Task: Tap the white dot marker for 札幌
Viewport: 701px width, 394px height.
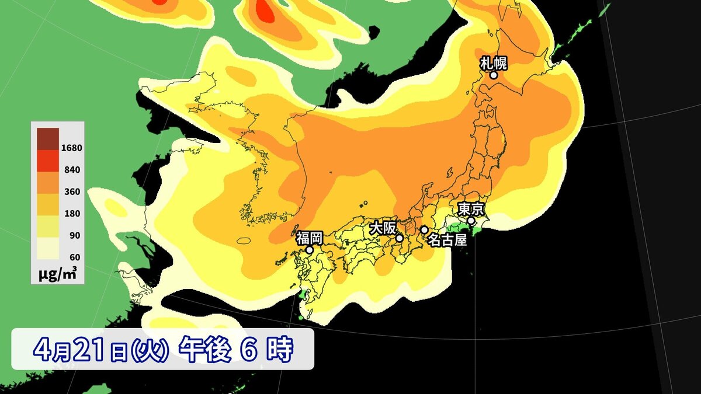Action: [494, 75]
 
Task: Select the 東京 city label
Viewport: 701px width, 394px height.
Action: [470, 208]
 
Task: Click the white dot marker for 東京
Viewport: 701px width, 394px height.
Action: [471, 221]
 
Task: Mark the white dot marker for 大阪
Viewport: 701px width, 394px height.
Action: [400, 238]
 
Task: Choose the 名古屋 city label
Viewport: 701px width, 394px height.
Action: [447, 239]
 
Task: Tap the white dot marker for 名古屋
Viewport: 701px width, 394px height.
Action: [424, 230]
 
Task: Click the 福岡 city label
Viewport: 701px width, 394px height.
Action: [309, 238]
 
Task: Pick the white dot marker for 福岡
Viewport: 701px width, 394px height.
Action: [310, 250]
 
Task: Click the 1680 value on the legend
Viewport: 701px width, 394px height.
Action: [71, 148]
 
